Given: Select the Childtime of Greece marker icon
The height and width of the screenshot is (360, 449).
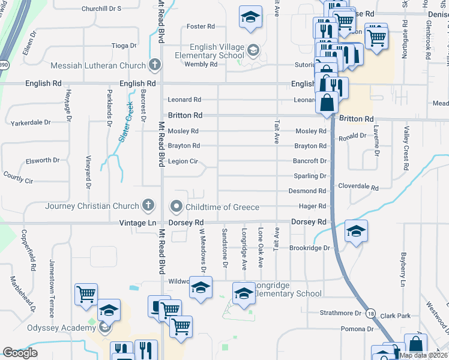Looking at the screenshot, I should point(176,206).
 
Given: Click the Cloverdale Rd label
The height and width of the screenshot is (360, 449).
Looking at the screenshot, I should point(358,187).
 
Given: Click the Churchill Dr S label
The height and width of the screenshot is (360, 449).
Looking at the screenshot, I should point(101,8).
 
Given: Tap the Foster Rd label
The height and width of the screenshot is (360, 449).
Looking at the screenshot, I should point(200,26).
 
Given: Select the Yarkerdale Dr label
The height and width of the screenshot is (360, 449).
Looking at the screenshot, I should point(31,123).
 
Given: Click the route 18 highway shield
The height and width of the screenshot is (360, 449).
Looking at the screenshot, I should point(371,314).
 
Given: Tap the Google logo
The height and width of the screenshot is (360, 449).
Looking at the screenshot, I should point(20,353).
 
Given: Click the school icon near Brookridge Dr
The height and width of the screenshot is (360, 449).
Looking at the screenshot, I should point(355,231).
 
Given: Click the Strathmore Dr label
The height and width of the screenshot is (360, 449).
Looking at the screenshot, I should point(340,313).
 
